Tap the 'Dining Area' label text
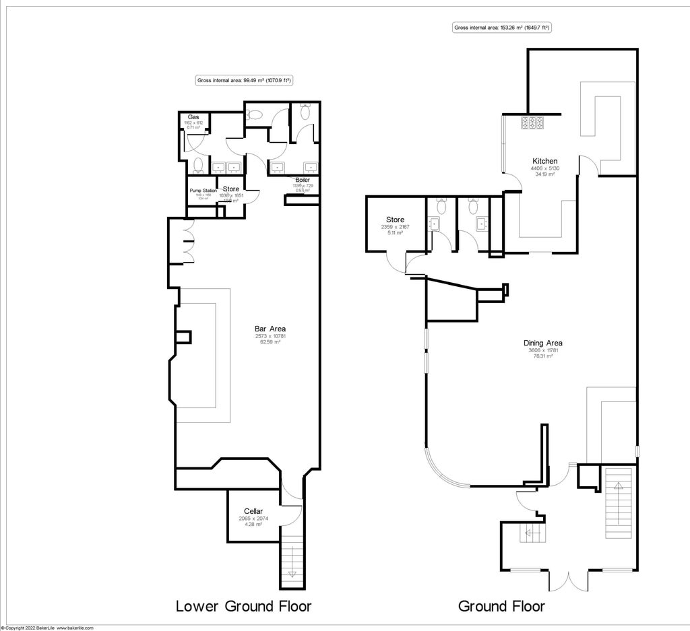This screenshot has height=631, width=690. coord(545,343)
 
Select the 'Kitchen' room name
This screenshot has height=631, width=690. coord(545,161)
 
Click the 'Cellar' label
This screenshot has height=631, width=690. coord(253,511)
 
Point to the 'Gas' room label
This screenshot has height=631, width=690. coord(193,117)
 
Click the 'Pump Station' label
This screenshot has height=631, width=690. coord(202,191)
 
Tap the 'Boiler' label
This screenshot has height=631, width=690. coord(302,180)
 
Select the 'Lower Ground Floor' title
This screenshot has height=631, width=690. coord(243,606)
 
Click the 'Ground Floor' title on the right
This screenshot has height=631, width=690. coord(501,606)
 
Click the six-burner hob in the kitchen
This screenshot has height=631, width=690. coord(532,123)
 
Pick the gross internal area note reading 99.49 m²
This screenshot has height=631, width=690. coord(243,80)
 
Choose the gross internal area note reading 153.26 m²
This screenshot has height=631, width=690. coord(501,28)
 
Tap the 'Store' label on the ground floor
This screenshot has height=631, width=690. coord(395,220)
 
